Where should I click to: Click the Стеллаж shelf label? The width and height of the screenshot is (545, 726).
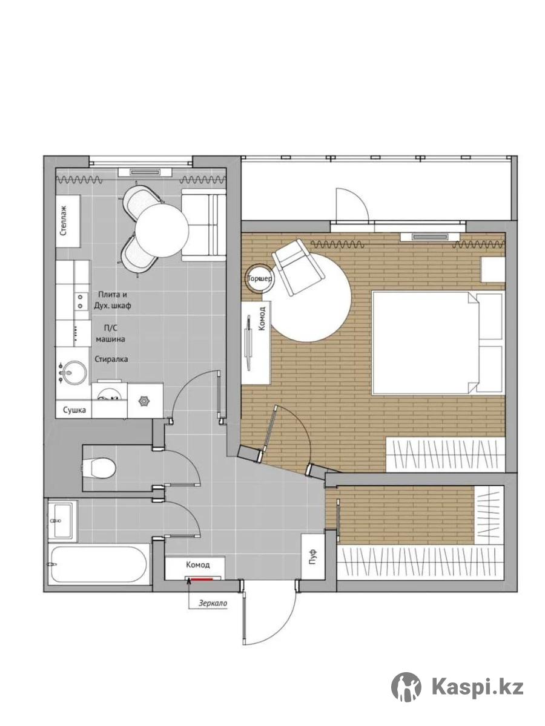coord(64,221)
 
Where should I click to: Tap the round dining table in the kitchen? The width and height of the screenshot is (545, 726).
coord(162,231)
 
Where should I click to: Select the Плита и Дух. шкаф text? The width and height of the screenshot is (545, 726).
coord(113,300)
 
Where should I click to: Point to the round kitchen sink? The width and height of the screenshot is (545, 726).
coord(75,373)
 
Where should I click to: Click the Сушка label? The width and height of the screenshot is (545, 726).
coord(74,410)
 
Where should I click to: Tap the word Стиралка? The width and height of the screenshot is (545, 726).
coord(111,359)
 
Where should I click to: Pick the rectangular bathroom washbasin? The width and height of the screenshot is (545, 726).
coord(63,521)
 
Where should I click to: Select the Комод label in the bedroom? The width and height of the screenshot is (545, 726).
coord(262,318)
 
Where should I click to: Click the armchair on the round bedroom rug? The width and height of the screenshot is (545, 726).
coord(297,267)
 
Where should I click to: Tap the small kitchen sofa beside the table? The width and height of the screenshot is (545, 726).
coord(203,225)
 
